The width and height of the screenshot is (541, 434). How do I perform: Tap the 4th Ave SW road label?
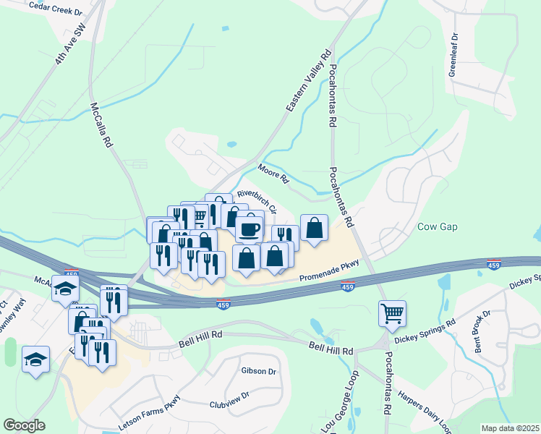70,44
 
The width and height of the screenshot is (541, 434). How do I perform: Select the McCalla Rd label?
101,124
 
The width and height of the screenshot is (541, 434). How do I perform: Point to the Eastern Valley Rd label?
309,80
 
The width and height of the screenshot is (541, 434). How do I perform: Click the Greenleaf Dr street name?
453,54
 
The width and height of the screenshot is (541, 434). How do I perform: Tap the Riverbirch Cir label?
257,202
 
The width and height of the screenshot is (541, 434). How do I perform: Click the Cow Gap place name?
438,226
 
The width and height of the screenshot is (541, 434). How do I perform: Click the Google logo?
25,425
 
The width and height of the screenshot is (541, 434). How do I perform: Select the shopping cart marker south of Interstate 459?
392,313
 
